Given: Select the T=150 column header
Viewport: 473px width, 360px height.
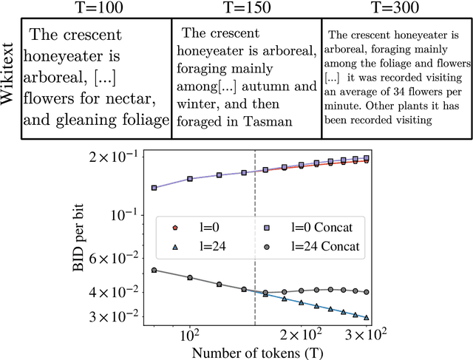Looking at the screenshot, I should click(x=245, y=9).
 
